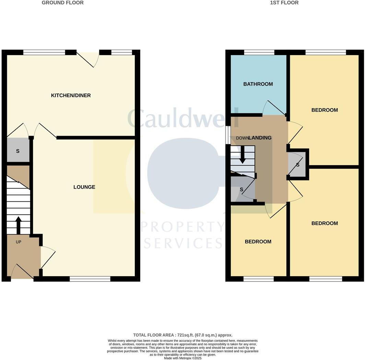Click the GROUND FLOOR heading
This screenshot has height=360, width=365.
point(62,3)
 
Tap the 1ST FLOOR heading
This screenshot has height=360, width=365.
point(284,3)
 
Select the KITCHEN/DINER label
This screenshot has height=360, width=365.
point(71,95)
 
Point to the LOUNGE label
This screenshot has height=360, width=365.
point(84,187)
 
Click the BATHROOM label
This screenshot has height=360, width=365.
point(258,84)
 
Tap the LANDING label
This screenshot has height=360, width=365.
point(260,138)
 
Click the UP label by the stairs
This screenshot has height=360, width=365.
point(19,242)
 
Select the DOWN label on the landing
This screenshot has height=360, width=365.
point(242,138)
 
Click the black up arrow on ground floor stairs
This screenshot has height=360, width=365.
point(19,225)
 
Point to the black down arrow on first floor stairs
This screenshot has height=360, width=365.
point(243,154)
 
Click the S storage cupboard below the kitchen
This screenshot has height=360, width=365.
point(17,151)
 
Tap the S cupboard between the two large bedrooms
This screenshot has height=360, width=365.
point(298,165)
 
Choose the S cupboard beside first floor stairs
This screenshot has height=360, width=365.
point(242,189)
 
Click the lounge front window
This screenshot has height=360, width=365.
point(90,279)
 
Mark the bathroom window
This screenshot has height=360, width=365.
point(259,52)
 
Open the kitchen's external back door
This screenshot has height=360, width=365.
point(88,58)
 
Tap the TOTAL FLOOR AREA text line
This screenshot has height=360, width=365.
point(182,335)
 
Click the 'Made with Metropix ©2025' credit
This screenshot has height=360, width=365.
point(182,358)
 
